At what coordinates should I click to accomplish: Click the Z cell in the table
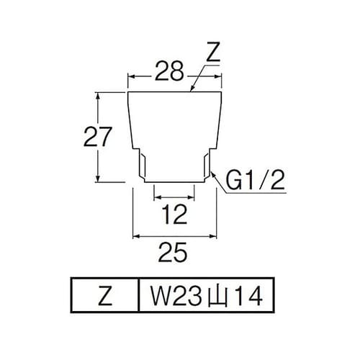102,295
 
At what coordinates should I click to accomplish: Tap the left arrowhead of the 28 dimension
131,74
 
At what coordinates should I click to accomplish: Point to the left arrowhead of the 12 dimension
156,196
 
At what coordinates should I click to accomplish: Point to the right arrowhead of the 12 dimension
192,196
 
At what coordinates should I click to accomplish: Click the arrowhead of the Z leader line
192,92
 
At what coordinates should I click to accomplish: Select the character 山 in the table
210,296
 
